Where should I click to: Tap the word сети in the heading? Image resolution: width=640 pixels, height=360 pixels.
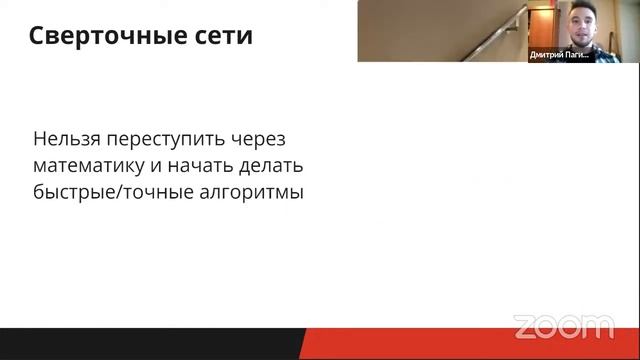[x=220, y=37]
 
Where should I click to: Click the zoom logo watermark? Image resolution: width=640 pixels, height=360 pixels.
[x=563, y=326]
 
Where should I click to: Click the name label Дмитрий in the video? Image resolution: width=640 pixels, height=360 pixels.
[x=546, y=56]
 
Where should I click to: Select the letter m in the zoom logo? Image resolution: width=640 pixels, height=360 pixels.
[x=599, y=327]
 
